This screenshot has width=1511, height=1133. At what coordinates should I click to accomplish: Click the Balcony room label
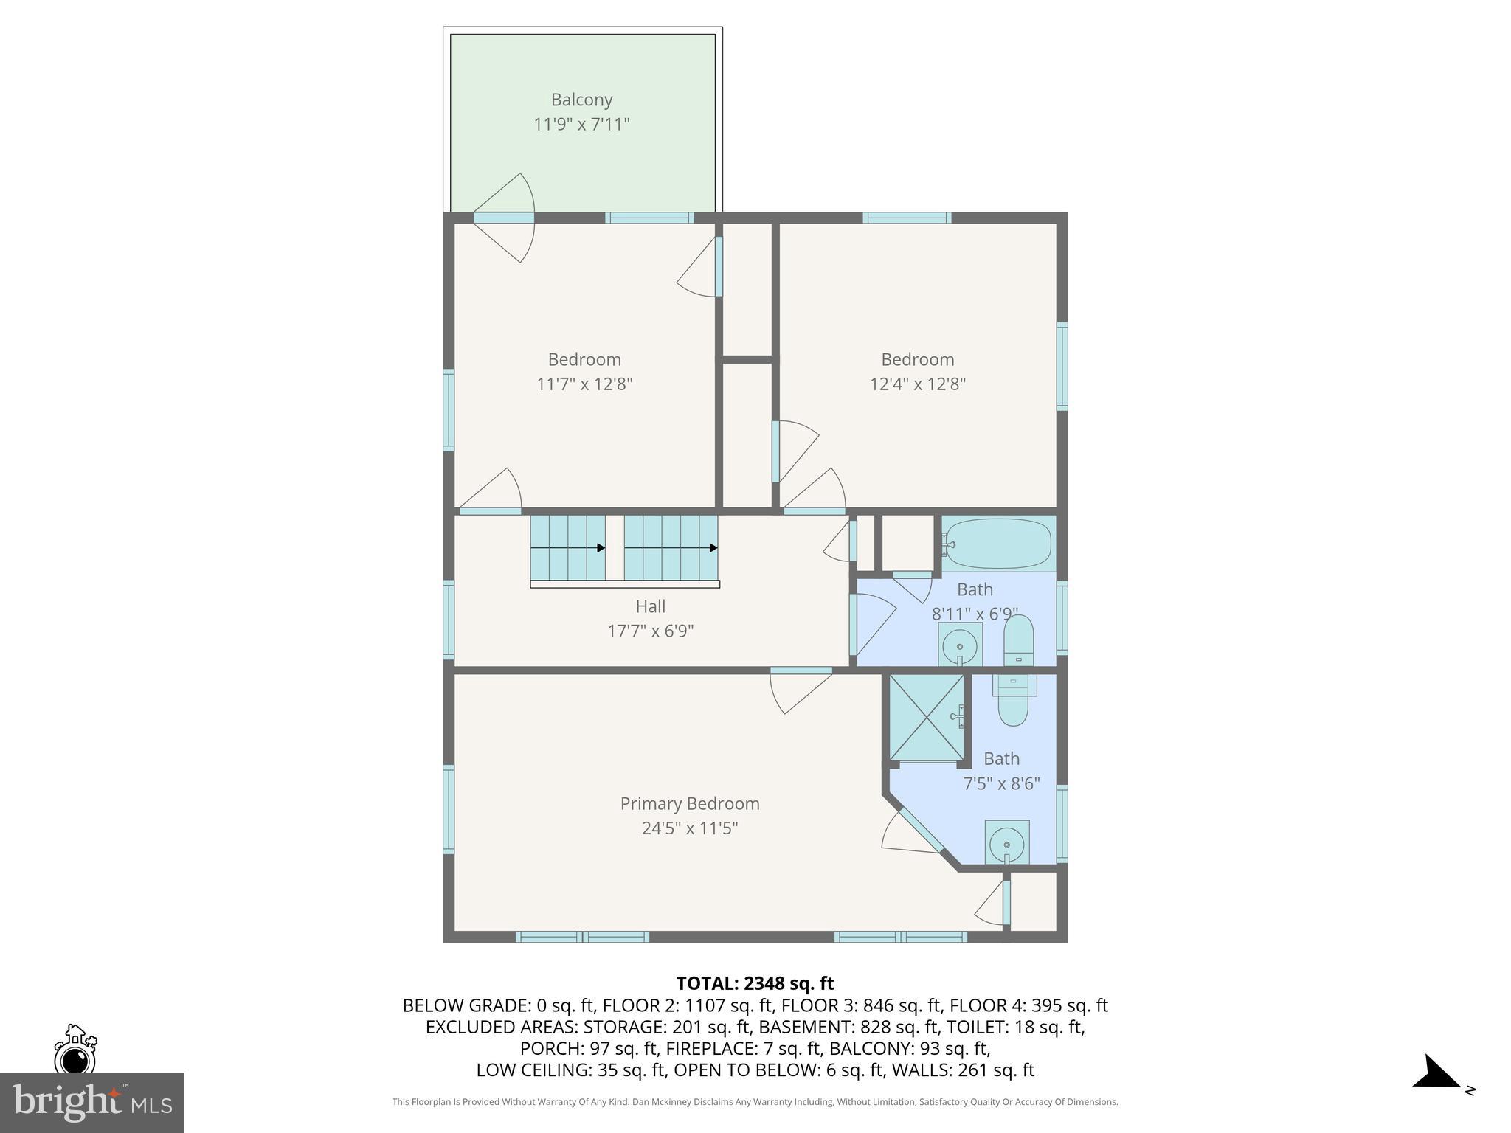pos(581,100)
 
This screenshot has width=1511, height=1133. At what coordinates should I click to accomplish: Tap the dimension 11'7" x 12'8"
pos(584,384)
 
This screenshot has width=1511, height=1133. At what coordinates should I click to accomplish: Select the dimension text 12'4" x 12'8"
pos(917,384)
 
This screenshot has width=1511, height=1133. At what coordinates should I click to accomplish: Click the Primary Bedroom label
pos(689,803)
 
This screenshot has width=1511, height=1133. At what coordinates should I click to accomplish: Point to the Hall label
pos(650,606)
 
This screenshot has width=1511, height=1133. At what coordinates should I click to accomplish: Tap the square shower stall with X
pos(926,716)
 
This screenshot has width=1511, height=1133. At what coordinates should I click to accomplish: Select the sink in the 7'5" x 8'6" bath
pos(1007,842)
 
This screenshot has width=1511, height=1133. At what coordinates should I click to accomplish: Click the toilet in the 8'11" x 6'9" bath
pos(1019,640)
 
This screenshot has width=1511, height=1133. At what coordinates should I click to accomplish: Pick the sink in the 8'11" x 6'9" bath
pos(960,645)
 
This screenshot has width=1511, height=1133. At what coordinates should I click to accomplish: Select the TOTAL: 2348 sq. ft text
pos(755,983)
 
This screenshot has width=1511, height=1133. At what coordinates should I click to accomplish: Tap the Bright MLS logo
pos(91,1102)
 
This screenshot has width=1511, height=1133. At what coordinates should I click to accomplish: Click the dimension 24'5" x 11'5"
pos(689,828)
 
